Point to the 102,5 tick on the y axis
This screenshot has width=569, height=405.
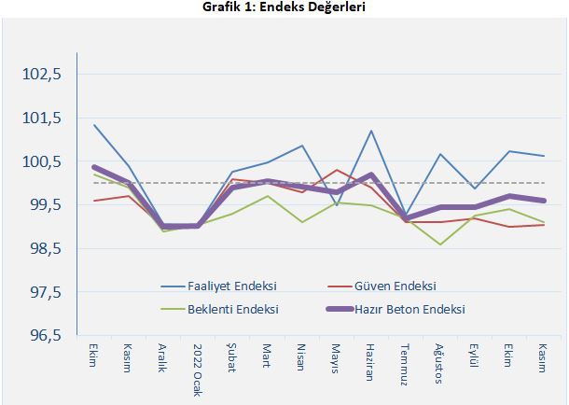coord(40,75)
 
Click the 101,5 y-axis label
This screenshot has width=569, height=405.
coord(40,119)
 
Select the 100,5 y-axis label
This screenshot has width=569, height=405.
coord(40,161)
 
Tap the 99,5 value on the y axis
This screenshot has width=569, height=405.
coord(42,205)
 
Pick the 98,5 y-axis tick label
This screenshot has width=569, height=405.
coord(42,249)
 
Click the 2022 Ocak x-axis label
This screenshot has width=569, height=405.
coord(198,370)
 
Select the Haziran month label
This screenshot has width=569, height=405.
coord(370,361)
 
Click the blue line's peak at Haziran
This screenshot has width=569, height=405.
coord(371,132)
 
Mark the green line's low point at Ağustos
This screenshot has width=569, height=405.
coord(439,244)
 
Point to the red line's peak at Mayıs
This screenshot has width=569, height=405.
coord(337,170)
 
